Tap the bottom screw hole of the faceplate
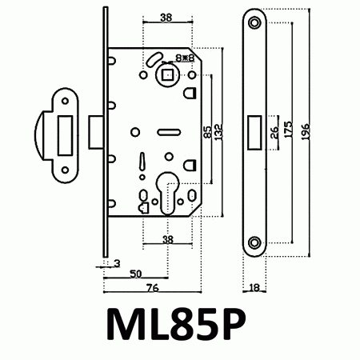click(255, 242)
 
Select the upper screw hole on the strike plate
click(62, 101)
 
